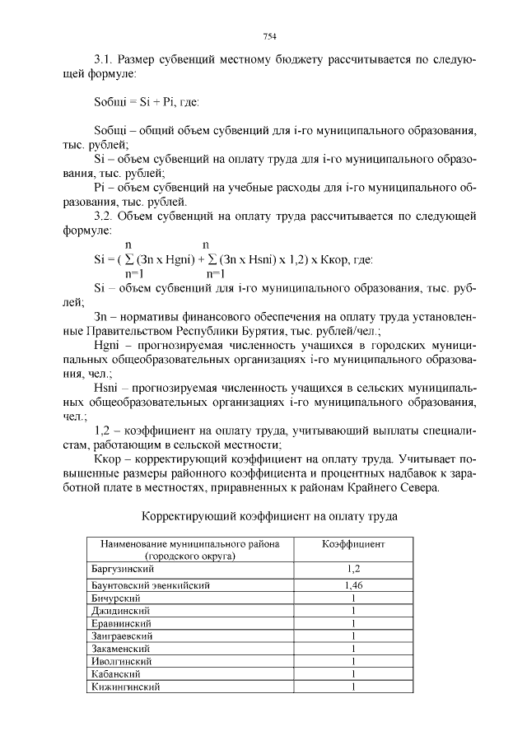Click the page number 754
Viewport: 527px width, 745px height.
coord(268,36)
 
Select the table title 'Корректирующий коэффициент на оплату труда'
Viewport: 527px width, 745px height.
coord(270,516)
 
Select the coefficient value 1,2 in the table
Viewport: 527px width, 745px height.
coord(352,568)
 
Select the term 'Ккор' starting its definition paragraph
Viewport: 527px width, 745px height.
coord(109,458)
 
